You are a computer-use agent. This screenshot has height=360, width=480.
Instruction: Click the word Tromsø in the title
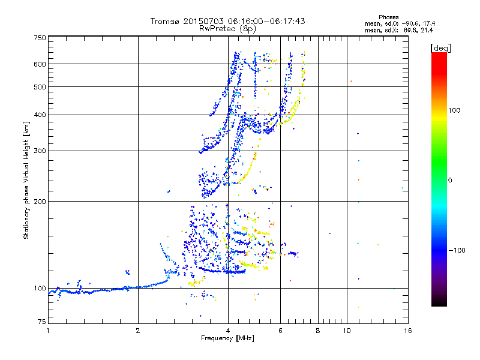coord(165,21)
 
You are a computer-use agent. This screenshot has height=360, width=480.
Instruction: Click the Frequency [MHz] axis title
coord(227,338)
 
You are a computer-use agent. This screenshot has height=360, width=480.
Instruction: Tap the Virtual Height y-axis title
coord(26,181)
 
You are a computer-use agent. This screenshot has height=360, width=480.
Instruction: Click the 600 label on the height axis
coord(40,64)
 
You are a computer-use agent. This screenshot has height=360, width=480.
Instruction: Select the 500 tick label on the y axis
coord(40,87)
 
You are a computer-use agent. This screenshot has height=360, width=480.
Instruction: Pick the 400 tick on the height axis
coord(40,115)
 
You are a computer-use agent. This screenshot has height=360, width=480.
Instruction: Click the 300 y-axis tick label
coord(40,151)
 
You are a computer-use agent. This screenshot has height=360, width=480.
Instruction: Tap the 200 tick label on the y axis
coord(40,201)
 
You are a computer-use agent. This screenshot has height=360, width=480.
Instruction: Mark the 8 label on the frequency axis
coord(318,331)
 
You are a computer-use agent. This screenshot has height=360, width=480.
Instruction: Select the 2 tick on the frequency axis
coord(138,331)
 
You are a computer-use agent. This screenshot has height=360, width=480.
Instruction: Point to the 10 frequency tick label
coord(347,331)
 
